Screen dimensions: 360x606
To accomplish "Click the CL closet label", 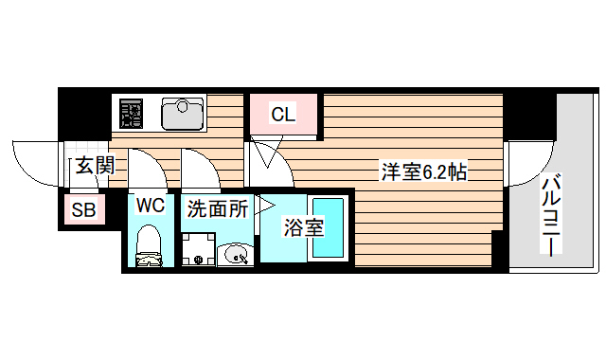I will (x=283, y=116).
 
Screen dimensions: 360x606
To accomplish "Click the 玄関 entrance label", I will (x=95, y=167).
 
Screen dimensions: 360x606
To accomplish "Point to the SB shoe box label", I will (x=83, y=210).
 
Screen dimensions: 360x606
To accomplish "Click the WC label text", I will (x=151, y=205).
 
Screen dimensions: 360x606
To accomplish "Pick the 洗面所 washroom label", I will (x=216, y=208).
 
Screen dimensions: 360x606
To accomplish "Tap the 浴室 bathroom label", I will (x=304, y=227).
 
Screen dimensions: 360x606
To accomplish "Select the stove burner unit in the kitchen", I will (x=130, y=114).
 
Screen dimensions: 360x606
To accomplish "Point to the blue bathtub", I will (x=329, y=226).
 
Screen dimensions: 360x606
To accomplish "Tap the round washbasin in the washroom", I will (x=235, y=252).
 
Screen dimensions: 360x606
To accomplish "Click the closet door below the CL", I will (x=268, y=152).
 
